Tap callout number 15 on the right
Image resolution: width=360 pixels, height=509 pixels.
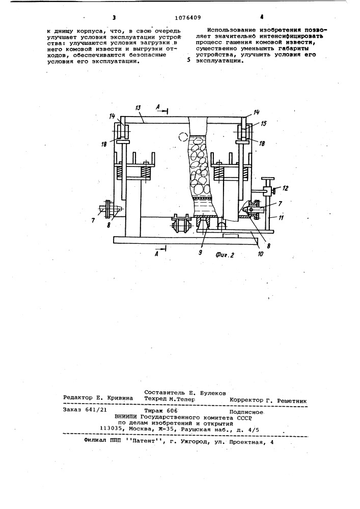pos(264,124)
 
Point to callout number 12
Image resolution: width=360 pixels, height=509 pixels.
pos(285,188)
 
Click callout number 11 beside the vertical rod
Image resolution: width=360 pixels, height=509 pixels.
pos(281,218)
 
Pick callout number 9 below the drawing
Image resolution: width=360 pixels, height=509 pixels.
pos(201,251)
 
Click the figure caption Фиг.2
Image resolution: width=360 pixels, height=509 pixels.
pos(225,255)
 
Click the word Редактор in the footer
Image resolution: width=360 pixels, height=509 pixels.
pos(76,398)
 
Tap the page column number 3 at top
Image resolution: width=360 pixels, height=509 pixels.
pos(114,18)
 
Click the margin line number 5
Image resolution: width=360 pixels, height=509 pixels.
pos(189,61)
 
